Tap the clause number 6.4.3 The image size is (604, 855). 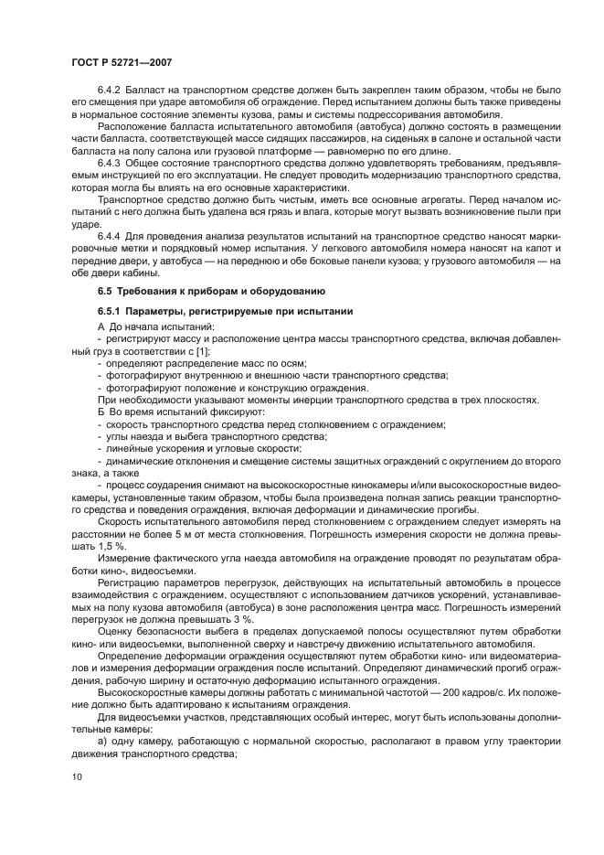111,163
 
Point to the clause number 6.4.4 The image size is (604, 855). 111,235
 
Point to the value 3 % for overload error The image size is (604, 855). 227,617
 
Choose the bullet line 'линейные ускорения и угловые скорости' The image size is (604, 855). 200,448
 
